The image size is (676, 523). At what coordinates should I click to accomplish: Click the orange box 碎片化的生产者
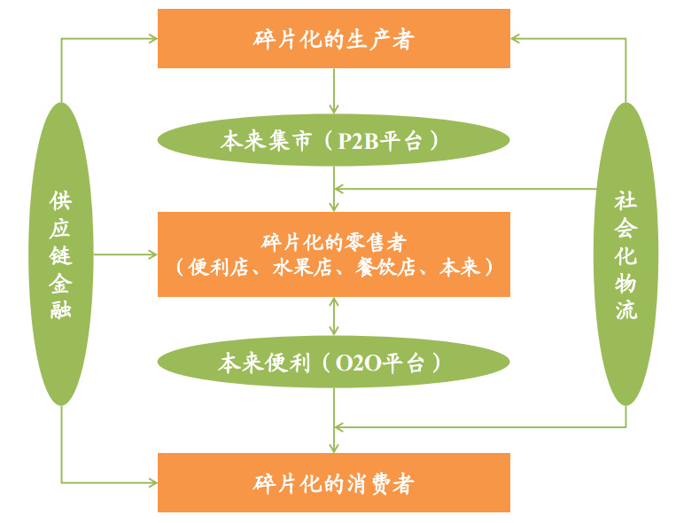(x=333, y=39)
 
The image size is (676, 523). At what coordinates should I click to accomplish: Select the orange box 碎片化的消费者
(x=333, y=483)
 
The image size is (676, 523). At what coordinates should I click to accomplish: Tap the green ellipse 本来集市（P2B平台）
(x=333, y=141)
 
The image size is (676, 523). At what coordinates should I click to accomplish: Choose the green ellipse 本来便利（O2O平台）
(x=333, y=363)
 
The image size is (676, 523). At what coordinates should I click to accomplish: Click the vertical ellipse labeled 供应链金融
(x=61, y=254)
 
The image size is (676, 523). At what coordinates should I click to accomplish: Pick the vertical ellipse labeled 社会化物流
(x=625, y=254)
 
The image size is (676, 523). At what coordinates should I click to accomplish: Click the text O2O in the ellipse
(x=360, y=363)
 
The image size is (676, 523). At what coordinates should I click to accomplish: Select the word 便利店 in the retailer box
(x=216, y=267)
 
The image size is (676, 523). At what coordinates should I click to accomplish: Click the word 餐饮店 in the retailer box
(x=387, y=267)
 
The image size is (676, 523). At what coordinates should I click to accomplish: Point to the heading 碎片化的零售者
(x=333, y=241)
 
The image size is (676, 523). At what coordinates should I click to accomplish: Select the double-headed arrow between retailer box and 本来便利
(x=334, y=316)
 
